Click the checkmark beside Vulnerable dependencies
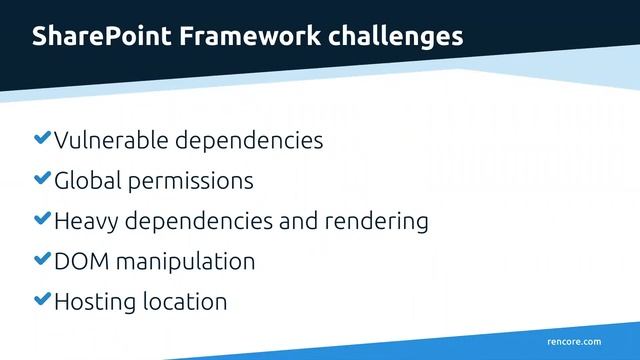(x=42, y=138)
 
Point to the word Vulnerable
(x=112, y=140)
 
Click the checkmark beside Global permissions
(x=42, y=179)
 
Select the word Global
(x=85, y=181)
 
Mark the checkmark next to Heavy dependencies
(x=42, y=219)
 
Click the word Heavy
(x=85, y=221)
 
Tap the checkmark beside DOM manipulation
(x=42, y=259)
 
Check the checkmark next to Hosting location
(x=42, y=299)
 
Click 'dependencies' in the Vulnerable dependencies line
(x=249, y=140)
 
